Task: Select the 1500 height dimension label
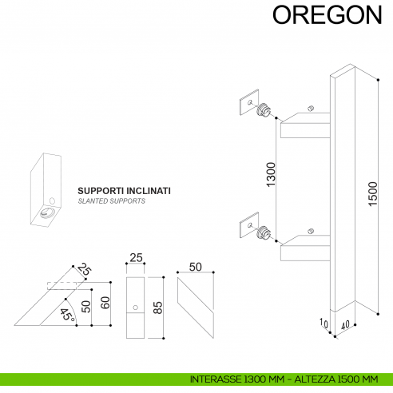click(371, 193)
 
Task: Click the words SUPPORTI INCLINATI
click(124, 192)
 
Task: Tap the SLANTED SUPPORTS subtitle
click(110, 203)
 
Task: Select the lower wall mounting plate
click(248, 224)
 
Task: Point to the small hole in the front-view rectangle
click(136, 308)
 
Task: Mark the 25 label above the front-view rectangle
click(136, 257)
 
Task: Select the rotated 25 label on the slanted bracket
click(85, 272)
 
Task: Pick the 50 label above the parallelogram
click(195, 267)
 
